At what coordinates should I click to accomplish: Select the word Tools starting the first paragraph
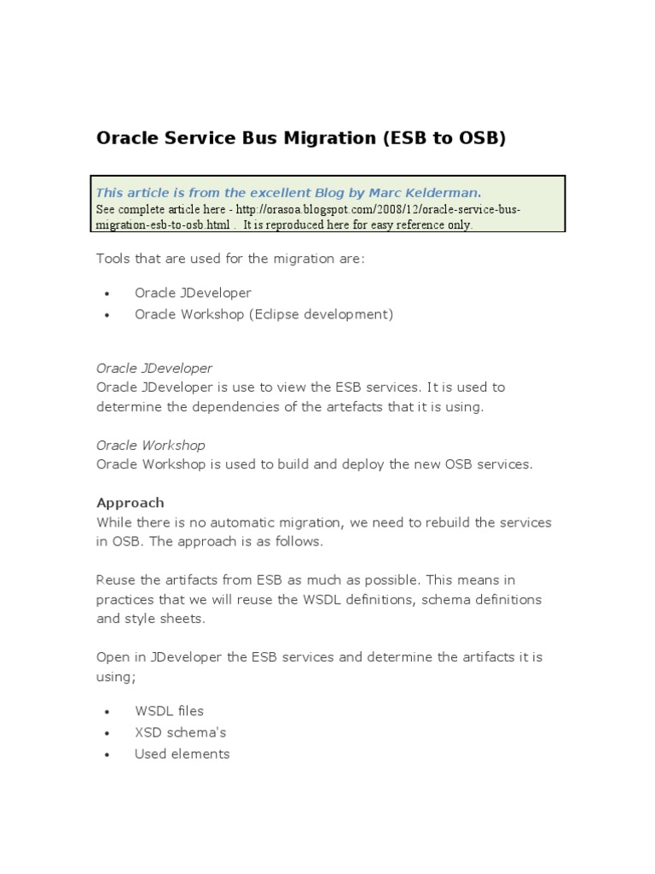point(113,258)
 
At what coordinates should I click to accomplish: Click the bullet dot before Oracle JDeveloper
point(107,294)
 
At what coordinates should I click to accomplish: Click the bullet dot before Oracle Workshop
point(107,315)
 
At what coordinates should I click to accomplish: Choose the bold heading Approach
point(130,503)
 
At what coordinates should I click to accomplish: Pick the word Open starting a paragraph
point(113,657)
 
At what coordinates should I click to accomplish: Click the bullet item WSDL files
point(169,711)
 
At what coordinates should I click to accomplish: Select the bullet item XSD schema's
point(180,732)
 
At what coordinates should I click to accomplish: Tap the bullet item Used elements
point(182,754)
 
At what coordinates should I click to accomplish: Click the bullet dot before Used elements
point(107,755)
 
